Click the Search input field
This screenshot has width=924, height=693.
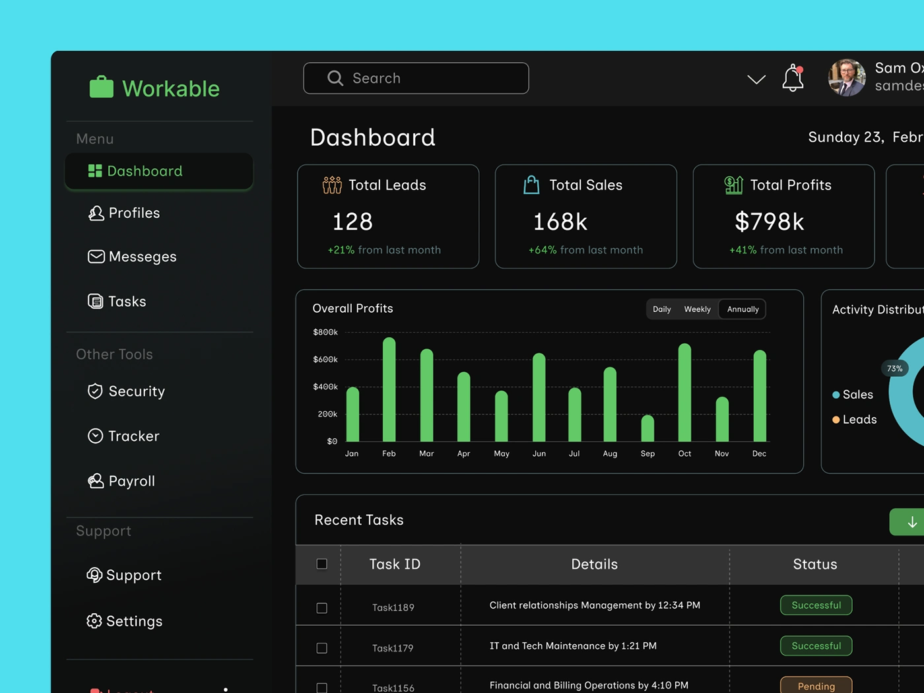tap(416, 78)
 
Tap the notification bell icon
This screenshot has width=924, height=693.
tap(793, 78)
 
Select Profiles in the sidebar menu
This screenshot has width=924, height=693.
tap(134, 213)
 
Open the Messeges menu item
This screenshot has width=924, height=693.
tap(142, 257)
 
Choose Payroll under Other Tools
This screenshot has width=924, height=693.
tap(131, 481)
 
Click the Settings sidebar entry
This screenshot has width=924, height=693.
tap(134, 621)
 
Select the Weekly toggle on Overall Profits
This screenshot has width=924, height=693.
tap(697, 309)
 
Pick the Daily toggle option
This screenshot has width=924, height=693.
tap(661, 309)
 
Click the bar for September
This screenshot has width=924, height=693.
tap(647, 428)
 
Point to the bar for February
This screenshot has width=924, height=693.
tap(389, 389)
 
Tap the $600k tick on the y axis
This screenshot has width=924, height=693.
tap(325, 360)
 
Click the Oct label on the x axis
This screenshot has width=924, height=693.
tap(684, 453)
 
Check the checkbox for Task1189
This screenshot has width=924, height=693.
tap(322, 608)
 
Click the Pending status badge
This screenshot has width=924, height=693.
tap(816, 686)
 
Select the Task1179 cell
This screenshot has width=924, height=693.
tap(393, 648)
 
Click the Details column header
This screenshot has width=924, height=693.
tap(594, 564)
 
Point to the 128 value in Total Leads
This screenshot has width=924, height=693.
tap(352, 222)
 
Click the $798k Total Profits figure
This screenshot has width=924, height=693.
tap(770, 222)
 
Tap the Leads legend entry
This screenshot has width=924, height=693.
tap(859, 420)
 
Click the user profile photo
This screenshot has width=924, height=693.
tap(847, 78)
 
